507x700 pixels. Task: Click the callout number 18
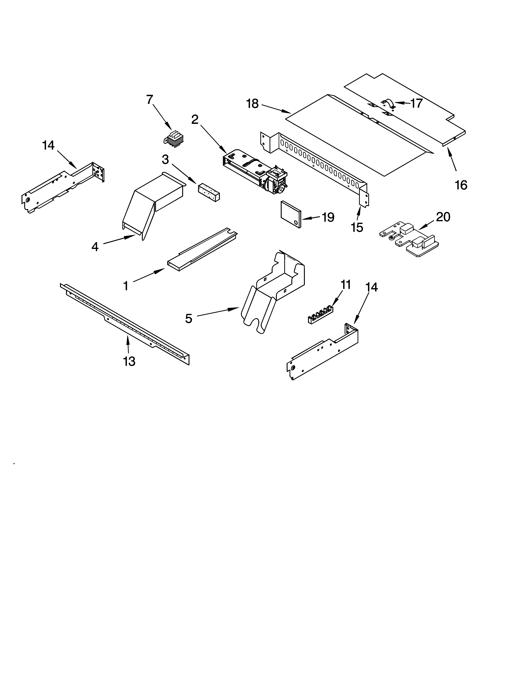tap(252, 104)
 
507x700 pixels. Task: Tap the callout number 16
tap(461, 185)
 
